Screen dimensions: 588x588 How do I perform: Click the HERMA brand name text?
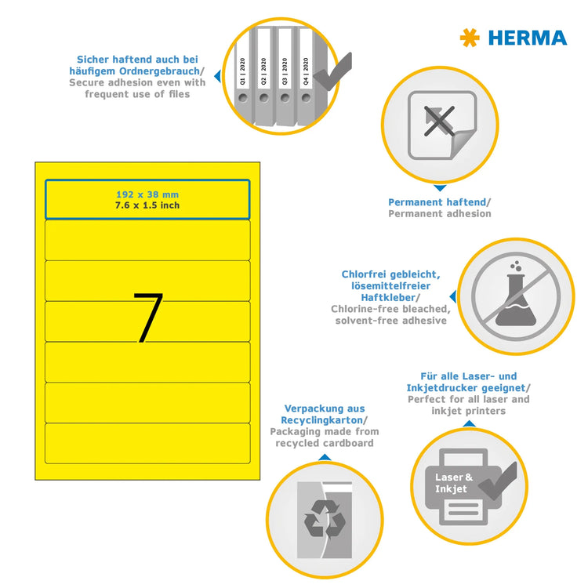[527, 38]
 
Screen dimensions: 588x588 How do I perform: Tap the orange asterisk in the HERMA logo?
[470, 38]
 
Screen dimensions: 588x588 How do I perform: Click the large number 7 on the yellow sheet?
[147, 318]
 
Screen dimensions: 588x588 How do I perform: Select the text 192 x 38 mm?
[147, 194]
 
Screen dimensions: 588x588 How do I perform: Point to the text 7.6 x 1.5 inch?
[147, 205]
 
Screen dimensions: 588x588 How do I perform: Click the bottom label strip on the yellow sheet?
[147, 443]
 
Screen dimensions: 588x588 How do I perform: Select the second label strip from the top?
[147, 239]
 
